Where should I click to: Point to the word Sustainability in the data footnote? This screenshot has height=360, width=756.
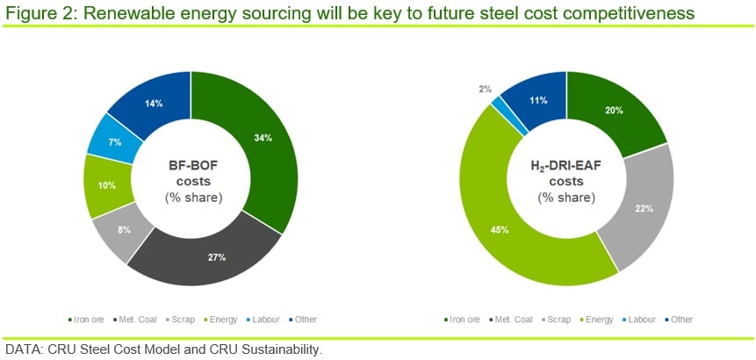(282, 349)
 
